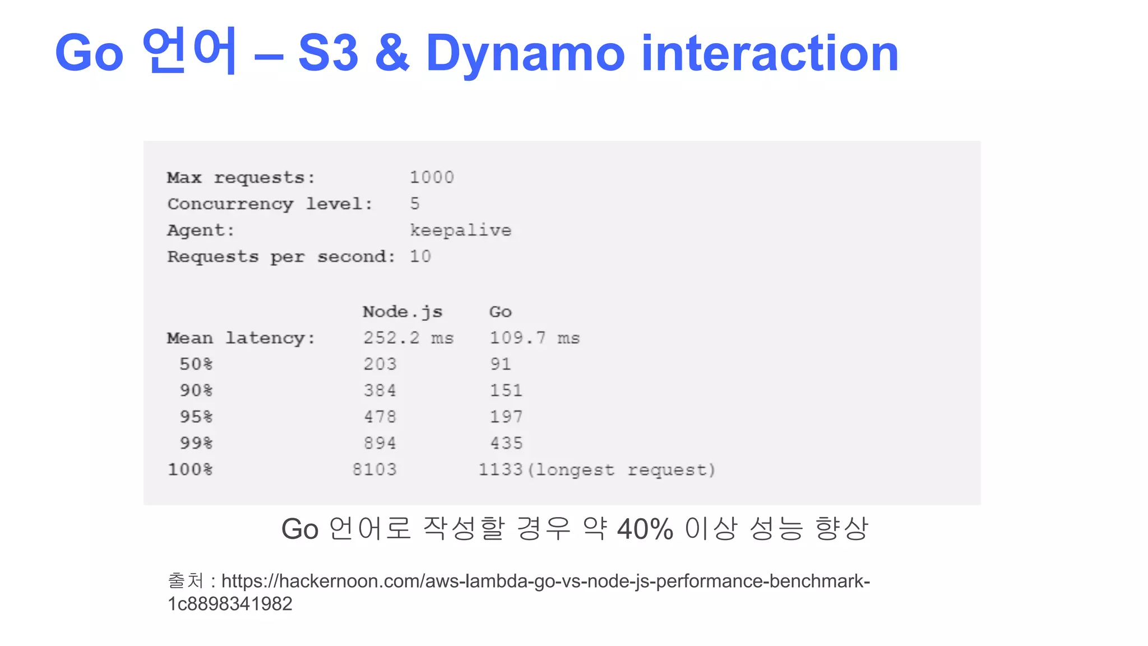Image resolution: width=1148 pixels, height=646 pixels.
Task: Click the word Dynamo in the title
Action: coord(525,54)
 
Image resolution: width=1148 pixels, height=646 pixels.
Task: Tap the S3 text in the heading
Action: coord(328,54)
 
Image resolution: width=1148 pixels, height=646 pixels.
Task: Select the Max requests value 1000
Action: coord(431,178)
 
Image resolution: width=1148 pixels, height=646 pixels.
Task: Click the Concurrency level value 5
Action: coord(415,204)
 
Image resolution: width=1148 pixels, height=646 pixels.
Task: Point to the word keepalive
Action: coord(460,230)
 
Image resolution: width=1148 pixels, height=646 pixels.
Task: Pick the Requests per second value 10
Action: coord(420,256)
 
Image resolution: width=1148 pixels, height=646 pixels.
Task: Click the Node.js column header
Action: coord(402,312)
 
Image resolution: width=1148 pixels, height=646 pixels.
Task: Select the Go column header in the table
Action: coord(500,312)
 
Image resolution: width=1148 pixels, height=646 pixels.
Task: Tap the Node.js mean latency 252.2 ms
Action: coord(408,338)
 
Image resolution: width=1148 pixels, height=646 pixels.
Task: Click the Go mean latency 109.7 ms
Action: coord(534,338)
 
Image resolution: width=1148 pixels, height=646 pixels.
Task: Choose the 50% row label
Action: coord(196,364)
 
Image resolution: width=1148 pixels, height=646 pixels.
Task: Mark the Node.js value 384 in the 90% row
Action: coord(379,390)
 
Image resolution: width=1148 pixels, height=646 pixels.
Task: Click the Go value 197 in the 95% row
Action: coord(506,417)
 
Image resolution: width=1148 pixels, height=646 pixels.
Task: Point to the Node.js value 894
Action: coord(379,443)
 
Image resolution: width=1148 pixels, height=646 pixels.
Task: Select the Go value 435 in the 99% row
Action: coord(506,443)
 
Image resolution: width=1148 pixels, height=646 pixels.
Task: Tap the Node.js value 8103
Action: coord(374,469)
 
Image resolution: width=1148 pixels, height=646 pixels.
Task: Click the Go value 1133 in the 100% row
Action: coord(500,469)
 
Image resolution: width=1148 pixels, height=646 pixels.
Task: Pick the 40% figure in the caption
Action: coord(645,529)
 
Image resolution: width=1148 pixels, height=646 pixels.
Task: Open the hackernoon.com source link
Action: coord(545,582)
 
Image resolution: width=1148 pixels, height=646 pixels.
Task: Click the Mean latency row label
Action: coord(241,338)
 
